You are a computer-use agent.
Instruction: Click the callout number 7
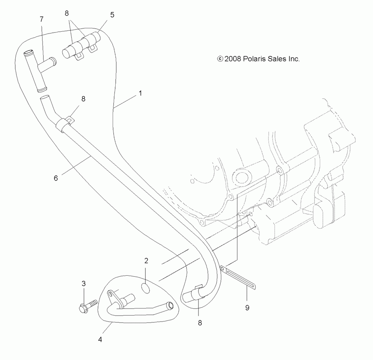[41, 19]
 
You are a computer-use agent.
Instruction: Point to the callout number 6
[56, 178]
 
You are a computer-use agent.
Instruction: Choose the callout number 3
[84, 284]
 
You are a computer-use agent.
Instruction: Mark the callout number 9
[247, 308]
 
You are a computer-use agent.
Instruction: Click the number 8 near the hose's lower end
[200, 323]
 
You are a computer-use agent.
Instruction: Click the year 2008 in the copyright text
[233, 59]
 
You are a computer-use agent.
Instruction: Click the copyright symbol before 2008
[220, 59]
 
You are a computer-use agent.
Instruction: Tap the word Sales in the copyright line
[277, 59]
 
